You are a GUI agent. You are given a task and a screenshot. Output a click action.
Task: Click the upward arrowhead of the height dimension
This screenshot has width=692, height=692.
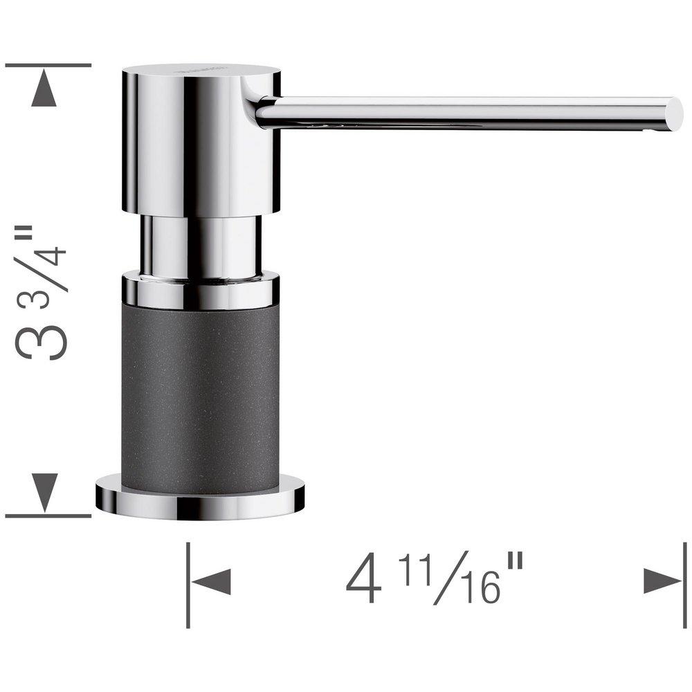pos(44,91)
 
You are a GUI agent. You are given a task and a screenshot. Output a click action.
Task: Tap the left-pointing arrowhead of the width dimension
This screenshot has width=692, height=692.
pos(210,581)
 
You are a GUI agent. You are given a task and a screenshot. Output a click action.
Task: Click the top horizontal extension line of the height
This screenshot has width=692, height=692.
pos(48,65)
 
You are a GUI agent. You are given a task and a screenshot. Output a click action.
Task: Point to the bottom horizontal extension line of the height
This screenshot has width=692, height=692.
pos(48,516)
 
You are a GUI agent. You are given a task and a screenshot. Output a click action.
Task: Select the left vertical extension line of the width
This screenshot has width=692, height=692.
pos(188,585)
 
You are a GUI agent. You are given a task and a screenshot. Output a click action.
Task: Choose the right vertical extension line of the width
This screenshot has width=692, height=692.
pos(683,585)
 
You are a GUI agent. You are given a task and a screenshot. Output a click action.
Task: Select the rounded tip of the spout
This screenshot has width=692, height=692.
pos(673,113)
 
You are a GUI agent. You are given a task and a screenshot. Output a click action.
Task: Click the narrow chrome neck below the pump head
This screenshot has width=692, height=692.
pos(201,246)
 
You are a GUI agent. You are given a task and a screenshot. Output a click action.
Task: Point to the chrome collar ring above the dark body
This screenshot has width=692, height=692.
pos(201,291)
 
